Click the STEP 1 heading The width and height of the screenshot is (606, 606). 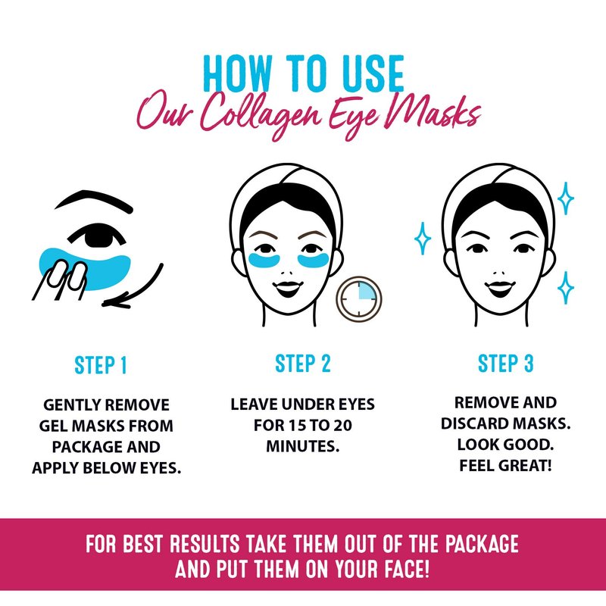(101, 365)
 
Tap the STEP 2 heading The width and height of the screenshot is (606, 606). (303, 364)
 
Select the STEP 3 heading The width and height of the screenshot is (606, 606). (505, 364)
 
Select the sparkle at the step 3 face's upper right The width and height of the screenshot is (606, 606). (565, 198)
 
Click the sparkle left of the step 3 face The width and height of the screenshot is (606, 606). (423, 238)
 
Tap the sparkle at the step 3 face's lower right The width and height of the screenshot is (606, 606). (566, 288)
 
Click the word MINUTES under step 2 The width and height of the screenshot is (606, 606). (303, 446)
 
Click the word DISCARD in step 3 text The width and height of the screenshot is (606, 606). (473, 423)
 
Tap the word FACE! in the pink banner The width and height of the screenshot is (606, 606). (407, 569)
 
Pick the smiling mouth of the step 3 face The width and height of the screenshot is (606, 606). (500, 288)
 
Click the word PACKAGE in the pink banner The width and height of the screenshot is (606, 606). (482, 543)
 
